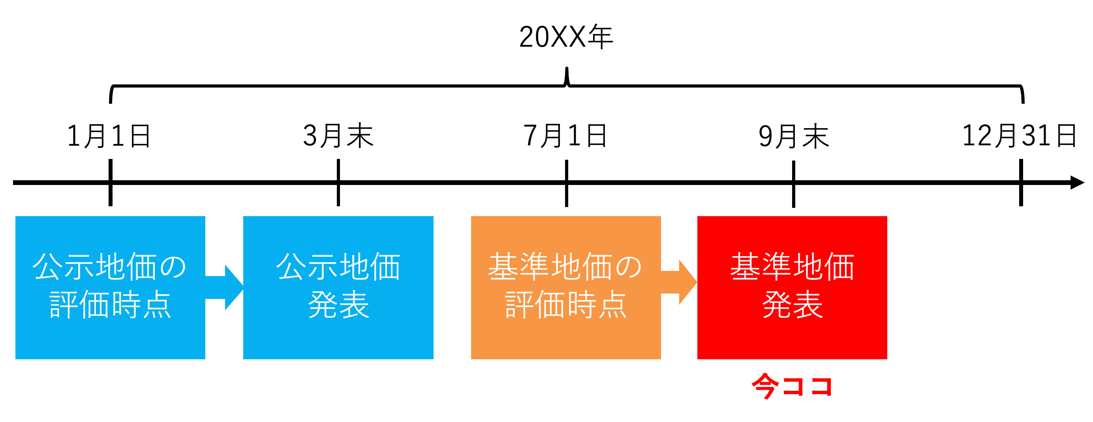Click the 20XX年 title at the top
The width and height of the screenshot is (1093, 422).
[565, 37]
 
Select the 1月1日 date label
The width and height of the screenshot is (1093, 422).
[109, 136]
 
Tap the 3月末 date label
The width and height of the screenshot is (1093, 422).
[338, 136]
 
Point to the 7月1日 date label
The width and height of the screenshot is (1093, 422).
[565, 136]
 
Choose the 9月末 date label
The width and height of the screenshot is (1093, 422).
[793, 137]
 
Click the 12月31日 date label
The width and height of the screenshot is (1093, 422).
[1020, 136]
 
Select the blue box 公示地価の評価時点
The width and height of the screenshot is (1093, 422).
[110, 287]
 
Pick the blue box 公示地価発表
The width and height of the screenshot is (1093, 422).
[338, 287]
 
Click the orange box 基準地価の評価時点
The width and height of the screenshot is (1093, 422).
[565, 287]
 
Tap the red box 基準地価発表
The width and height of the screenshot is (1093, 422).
[792, 287]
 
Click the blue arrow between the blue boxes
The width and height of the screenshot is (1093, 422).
[227, 288]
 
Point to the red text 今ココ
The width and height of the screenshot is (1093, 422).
[792, 386]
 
